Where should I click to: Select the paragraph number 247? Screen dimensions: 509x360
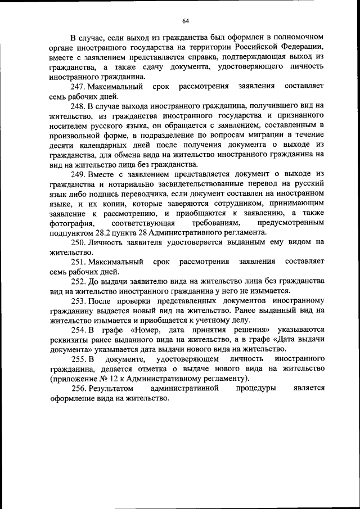click(x=78, y=87)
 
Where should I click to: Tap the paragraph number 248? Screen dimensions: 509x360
click(x=78, y=106)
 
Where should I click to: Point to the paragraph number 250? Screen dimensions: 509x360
click(x=78, y=242)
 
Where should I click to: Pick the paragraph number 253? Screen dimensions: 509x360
click(x=78, y=300)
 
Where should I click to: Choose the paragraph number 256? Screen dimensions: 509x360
click(x=78, y=389)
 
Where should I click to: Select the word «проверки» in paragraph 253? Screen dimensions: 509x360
click(x=128, y=300)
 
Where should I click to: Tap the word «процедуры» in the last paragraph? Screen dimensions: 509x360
click(x=255, y=389)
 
